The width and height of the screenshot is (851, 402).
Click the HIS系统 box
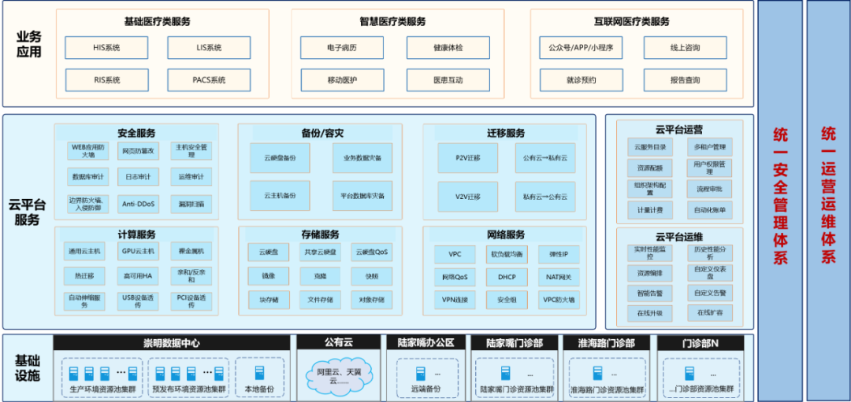106,48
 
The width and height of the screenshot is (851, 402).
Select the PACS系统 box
209,80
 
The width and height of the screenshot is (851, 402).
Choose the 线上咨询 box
685,48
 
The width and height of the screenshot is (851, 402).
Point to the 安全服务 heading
137,133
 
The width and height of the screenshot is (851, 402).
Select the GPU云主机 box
138,252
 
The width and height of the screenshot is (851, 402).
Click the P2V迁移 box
467,158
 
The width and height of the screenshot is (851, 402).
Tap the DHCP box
507,277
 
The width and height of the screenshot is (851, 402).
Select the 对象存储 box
371,300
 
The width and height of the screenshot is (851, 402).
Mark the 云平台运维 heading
678,236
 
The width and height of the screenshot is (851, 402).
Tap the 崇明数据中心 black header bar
171,342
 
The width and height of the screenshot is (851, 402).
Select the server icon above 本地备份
260,372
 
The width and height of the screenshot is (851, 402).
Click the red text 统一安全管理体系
780,197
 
